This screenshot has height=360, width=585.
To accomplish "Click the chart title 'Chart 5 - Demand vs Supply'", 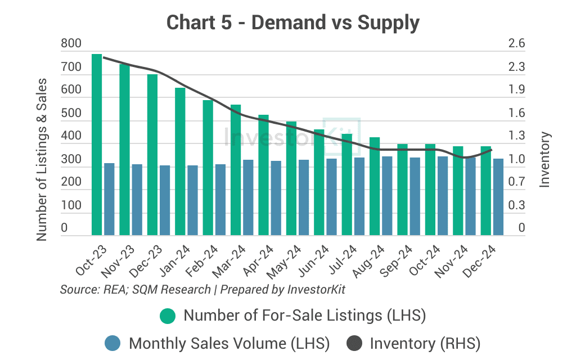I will tap(293, 23).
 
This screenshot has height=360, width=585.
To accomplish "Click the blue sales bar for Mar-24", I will tap(248, 197).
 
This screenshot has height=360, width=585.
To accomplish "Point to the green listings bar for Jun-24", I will tap(319, 182).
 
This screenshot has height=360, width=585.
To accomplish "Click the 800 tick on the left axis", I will tap(71, 44).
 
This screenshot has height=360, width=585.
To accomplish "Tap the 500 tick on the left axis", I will tap(71, 113).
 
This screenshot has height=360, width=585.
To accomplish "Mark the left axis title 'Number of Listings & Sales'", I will tap(42, 160).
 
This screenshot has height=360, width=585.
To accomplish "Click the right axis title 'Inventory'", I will tap(544, 160).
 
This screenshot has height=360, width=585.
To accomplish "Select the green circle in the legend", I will tap(168, 316).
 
